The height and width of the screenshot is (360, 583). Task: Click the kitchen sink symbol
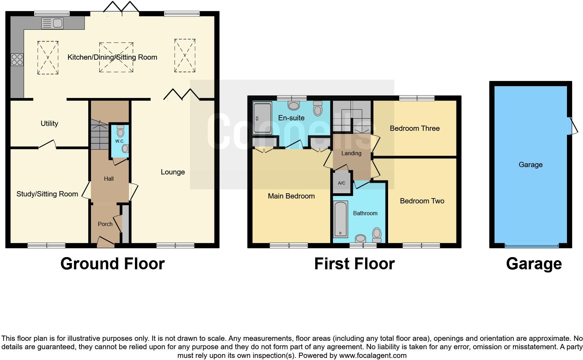click(52, 23)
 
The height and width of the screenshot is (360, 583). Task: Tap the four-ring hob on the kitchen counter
click(17, 59)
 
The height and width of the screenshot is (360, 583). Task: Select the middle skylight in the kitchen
click(116, 57)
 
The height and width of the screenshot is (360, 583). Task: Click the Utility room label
click(49, 123)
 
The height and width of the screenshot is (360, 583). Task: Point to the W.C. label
click(120, 141)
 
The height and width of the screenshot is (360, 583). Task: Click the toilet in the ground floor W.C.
click(121, 132)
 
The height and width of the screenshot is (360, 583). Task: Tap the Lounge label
click(173, 172)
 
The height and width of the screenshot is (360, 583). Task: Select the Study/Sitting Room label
click(47, 194)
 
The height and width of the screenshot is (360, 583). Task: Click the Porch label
click(105, 224)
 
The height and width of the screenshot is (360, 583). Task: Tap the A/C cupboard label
click(341, 183)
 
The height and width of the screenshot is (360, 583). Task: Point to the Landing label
click(351, 153)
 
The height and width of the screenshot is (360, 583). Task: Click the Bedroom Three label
click(414, 128)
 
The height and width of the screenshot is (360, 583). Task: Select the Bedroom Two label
click(422, 201)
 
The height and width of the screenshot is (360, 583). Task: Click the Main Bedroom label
click(291, 196)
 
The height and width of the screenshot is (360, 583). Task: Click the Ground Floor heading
click(112, 264)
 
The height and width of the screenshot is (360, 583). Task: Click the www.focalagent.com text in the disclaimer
click(372, 355)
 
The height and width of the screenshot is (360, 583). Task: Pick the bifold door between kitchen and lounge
click(182, 95)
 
